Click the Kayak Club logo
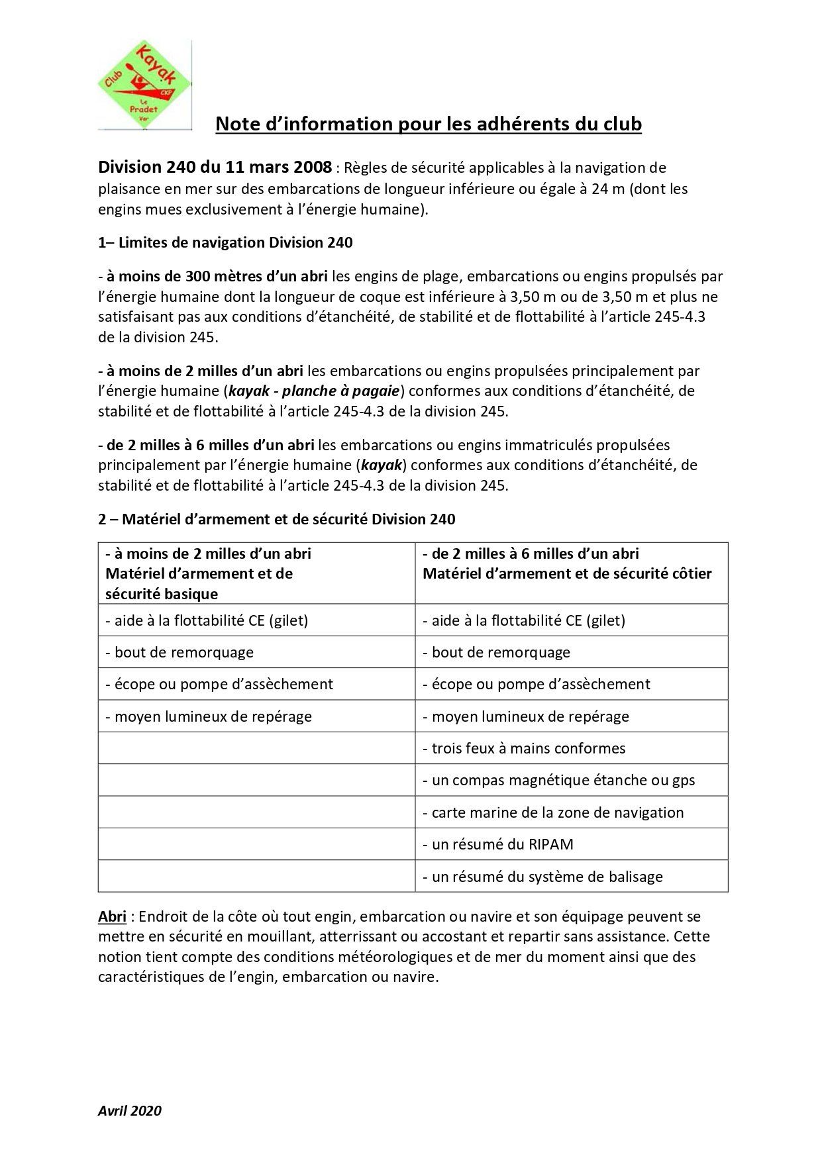[x=144, y=85]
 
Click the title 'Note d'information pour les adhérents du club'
[x=429, y=124]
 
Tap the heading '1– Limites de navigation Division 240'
[x=225, y=242]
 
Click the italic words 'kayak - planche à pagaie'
[x=313, y=391]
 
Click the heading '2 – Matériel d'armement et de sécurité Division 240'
[x=276, y=519]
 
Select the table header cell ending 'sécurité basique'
[x=256, y=573]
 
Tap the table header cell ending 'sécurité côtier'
[x=571, y=573]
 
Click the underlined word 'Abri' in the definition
[x=112, y=917]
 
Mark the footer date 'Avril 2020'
[x=130, y=1111]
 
